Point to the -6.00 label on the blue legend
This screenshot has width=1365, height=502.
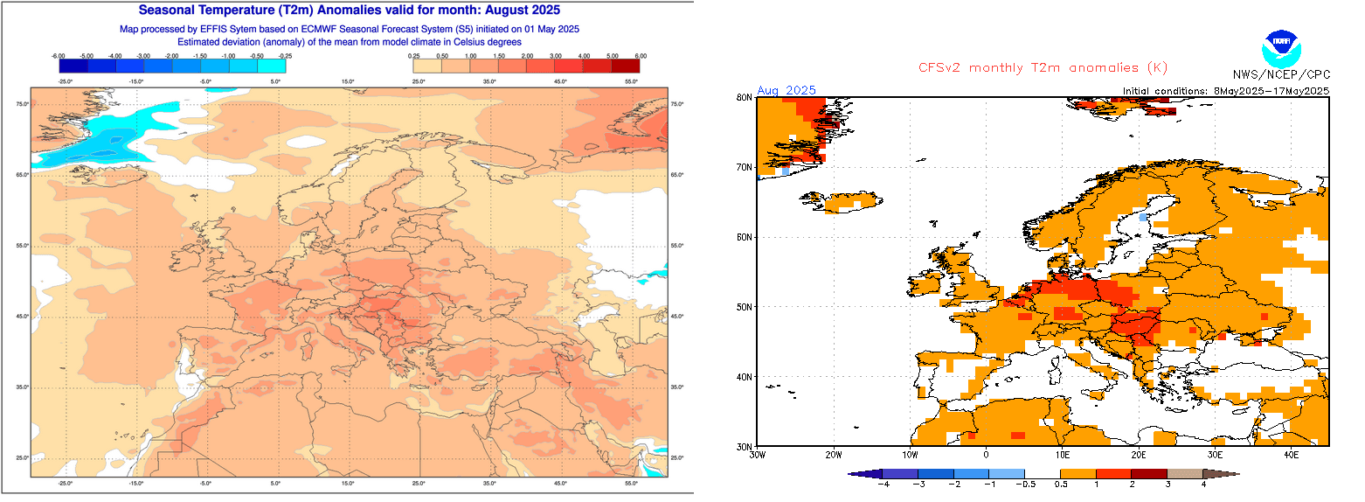pos(59,56)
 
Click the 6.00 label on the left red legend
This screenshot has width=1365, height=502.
pos(640,56)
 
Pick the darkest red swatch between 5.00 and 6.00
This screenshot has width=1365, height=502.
pos(625,65)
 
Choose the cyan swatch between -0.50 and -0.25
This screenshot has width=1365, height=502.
pos(272,65)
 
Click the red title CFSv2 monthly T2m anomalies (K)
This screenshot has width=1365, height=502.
pos(1043,68)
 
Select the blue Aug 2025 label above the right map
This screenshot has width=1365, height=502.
pos(786,90)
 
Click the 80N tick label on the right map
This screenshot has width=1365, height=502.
pos(745,97)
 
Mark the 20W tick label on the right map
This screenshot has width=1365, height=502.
pos(833,455)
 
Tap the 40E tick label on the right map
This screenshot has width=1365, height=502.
pos(1291,455)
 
